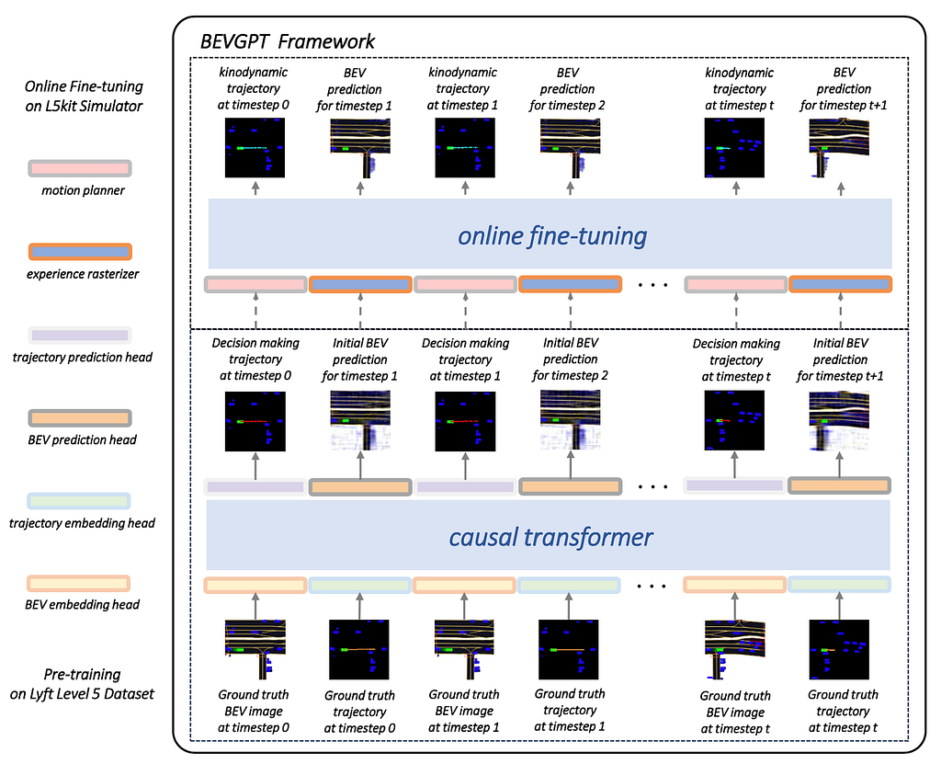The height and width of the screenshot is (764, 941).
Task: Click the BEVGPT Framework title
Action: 288,41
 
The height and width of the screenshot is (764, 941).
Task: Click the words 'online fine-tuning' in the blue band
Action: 552,235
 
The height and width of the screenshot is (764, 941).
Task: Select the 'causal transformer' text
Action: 550,537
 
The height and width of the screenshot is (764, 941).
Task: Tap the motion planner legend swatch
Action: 80,168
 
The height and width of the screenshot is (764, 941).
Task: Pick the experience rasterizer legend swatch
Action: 80,252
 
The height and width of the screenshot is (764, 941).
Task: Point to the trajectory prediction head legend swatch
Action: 80,336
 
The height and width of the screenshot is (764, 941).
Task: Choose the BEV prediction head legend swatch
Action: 80,418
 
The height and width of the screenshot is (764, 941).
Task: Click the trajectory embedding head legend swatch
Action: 79,501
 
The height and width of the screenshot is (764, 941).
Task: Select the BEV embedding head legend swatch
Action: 79,583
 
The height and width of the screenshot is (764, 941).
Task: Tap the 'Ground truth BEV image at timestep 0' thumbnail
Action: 255,649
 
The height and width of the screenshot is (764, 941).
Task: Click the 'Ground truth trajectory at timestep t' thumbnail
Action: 839,649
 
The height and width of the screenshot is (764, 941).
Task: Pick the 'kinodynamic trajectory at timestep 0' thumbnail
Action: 255,148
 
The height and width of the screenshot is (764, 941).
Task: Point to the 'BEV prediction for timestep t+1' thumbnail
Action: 839,148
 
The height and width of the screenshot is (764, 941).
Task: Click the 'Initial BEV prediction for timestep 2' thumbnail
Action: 570,420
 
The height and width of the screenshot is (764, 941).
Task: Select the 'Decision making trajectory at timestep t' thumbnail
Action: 734,420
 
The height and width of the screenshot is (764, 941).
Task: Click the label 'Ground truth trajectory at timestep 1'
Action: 570,710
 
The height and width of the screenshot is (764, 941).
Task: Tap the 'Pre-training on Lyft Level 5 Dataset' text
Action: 82,683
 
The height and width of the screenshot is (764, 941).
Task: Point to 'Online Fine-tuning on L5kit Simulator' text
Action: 84,97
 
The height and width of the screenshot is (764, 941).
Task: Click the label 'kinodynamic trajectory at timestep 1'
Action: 463,88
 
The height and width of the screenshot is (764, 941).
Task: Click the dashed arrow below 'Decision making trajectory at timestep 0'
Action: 255,311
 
